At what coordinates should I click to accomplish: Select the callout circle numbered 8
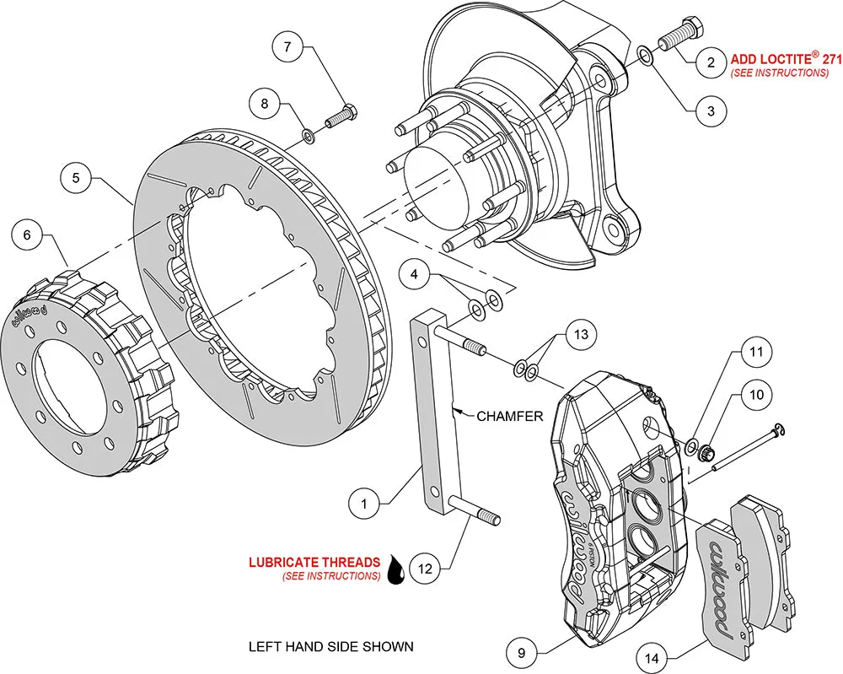264,104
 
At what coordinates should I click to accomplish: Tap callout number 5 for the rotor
76,178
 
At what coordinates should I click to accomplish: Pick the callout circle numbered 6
27,235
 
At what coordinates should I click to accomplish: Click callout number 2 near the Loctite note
711,62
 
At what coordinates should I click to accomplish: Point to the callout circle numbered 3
711,111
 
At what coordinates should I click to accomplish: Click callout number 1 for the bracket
364,504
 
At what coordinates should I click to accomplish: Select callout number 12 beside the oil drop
425,569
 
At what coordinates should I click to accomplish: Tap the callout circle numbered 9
523,651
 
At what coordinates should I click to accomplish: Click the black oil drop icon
395,571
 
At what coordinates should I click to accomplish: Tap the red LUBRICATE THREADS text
314,562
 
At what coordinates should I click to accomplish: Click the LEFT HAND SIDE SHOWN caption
330,647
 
